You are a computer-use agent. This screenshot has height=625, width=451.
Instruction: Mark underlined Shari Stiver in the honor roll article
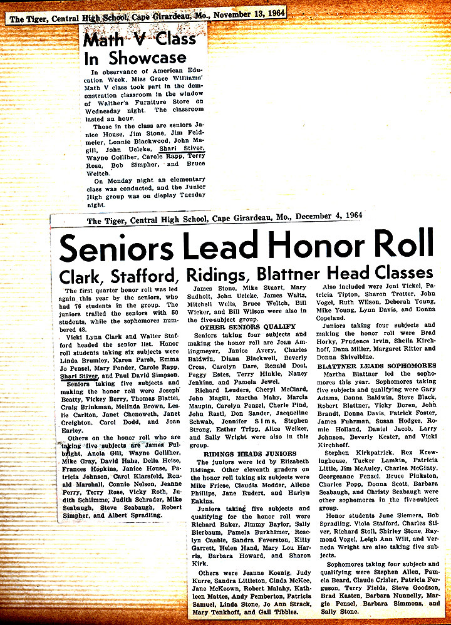tap(76, 376)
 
